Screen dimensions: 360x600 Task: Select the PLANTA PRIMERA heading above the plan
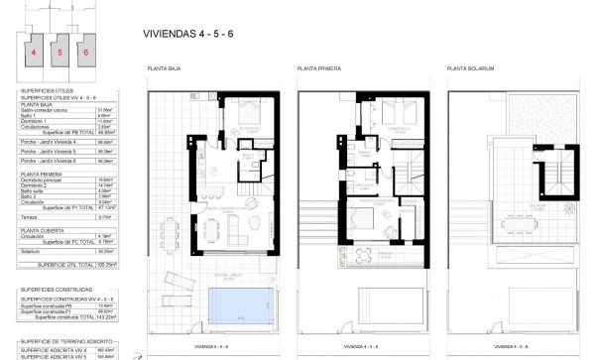tap(317, 68)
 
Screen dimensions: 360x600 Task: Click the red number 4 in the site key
tap(34, 52)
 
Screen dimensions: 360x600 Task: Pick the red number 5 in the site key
tap(60, 52)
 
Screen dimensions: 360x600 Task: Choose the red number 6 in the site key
tap(85, 52)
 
